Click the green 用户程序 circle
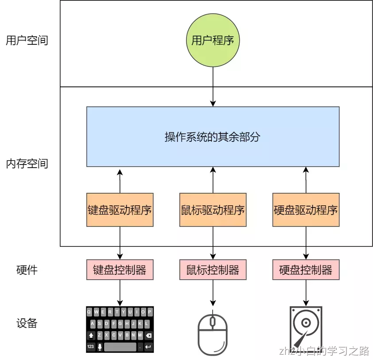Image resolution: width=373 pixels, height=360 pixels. [213, 41]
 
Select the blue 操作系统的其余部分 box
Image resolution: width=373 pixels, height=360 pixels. [213, 137]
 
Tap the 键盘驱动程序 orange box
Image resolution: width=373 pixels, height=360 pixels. [120, 210]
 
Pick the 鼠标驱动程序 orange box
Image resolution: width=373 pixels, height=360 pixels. [213, 210]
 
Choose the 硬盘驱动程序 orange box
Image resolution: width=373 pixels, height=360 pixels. [306, 210]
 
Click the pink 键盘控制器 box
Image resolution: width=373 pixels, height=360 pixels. [120, 270]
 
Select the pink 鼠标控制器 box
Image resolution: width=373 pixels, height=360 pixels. [213, 270]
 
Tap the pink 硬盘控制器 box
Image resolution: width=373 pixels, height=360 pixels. [306, 270]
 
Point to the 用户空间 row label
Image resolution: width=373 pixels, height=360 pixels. [27, 41]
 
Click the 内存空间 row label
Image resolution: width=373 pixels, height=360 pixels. [27, 164]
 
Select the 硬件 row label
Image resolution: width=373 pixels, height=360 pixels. [27, 270]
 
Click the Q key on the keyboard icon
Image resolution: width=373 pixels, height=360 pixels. [89, 312]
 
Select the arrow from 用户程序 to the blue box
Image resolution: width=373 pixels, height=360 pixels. [213, 86]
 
